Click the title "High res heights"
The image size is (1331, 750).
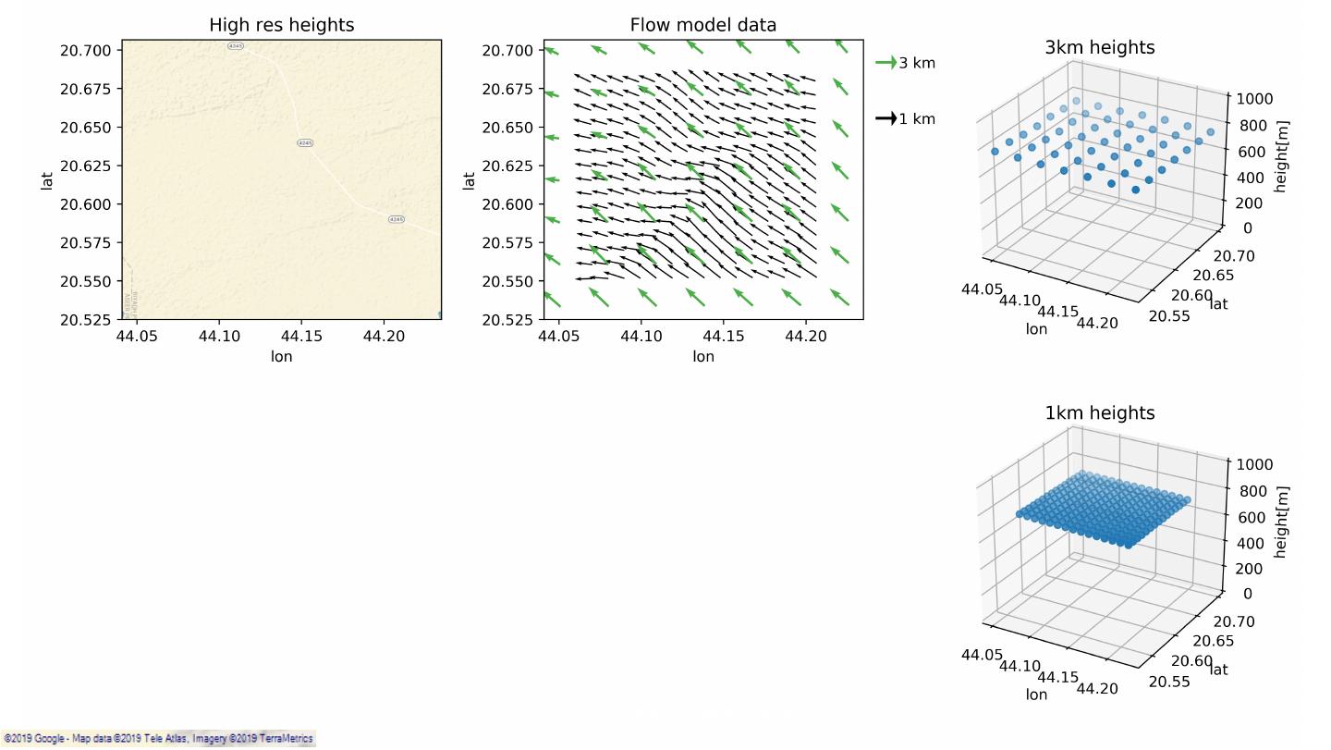pos(281,25)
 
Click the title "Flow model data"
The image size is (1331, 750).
pos(702,25)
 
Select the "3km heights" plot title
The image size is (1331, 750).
pos(1099,47)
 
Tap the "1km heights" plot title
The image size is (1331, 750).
pos(1099,412)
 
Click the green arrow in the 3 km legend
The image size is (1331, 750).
pos(885,63)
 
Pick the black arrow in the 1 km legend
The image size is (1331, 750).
pos(885,118)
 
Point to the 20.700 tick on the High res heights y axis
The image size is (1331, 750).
pos(86,50)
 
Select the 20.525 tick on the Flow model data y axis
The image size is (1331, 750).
pos(507,320)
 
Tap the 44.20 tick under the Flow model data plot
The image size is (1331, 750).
pos(806,336)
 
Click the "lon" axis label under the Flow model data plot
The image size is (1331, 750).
pos(702,356)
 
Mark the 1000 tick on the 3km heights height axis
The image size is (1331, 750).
pos(1254,99)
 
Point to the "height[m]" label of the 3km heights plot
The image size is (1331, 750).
pos(1281,156)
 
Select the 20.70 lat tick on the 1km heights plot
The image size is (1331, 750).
pos(1235,621)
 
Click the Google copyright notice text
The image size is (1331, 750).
pos(157,739)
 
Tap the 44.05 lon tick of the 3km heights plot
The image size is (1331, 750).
pos(981,289)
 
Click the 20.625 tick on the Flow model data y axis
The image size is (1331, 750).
pos(507,166)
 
